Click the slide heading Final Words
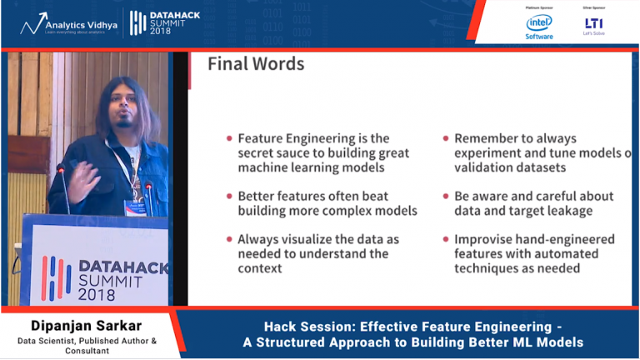256,64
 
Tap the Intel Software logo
539,25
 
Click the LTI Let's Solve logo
593,25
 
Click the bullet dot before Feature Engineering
229,138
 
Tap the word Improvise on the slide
486,239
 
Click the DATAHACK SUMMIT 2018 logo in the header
165,23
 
